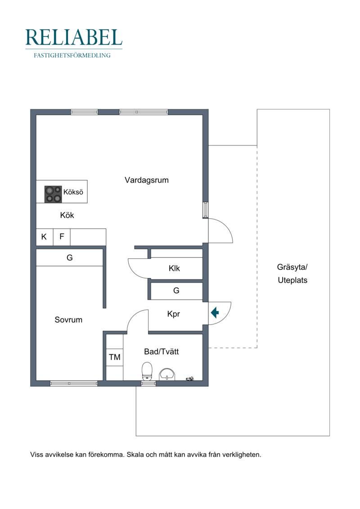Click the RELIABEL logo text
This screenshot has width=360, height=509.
click(74, 37)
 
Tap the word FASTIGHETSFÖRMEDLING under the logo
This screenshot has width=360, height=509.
click(72, 56)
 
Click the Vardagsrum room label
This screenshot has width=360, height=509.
click(147, 180)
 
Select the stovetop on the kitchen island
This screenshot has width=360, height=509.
click(53, 194)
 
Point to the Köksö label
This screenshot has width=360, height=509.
click(73, 192)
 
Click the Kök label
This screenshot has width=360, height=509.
click(67, 215)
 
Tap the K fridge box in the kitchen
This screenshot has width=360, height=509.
click(44, 237)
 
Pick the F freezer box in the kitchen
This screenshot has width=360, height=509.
click(62, 237)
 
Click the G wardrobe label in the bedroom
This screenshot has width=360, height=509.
click(70, 258)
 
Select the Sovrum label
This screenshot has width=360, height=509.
click(68, 320)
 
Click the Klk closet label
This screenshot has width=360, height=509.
click(175, 269)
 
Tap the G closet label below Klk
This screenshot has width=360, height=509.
click(176, 291)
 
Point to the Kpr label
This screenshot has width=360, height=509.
click(174, 314)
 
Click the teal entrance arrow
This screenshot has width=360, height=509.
click(215, 312)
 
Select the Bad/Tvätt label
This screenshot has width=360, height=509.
click(162, 351)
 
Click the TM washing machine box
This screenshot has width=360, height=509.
click(115, 357)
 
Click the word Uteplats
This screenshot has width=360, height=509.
click(292, 279)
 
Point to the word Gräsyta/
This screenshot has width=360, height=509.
click(292, 267)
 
